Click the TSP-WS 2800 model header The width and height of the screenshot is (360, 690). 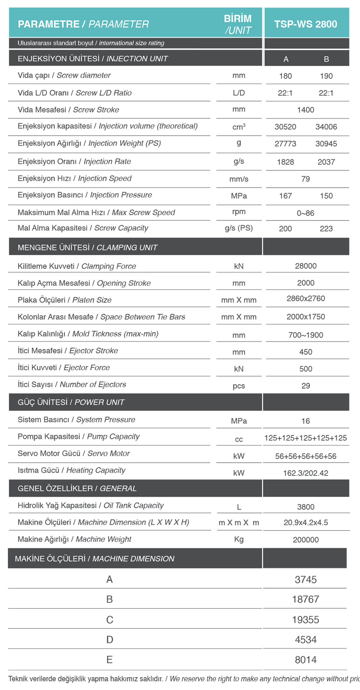[306, 24]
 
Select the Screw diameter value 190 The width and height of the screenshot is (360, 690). [326, 76]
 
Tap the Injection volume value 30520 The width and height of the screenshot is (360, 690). [285, 127]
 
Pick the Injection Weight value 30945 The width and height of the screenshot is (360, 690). [326, 144]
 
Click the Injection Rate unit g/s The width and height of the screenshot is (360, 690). [239, 161]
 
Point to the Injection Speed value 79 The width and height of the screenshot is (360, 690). [306, 179]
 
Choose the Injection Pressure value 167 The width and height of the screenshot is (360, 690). [285, 196]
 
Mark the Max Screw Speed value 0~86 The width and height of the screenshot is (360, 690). [306, 213]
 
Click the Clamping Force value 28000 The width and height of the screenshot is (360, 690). [306, 266]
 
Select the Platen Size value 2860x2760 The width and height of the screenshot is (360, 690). [306, 298]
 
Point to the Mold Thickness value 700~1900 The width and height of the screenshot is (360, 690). [306, 335]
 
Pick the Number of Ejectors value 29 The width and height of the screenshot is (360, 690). [306, 386]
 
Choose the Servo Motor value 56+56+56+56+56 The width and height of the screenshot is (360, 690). [306, 456]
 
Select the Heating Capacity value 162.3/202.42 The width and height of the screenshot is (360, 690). [306, 473]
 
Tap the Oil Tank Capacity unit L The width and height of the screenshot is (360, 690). [239, 507]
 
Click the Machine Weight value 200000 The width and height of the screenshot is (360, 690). [306, 540]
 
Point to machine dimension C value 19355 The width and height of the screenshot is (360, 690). [306, 620]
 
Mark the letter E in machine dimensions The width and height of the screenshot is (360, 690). [109, 660]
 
